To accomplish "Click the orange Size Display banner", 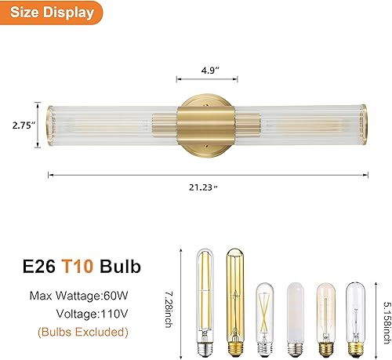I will (49, 13).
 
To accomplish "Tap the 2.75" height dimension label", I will (18, 123).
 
